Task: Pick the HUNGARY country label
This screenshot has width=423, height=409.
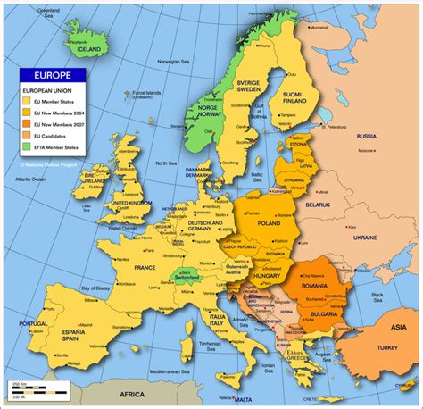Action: pos(267,276)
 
